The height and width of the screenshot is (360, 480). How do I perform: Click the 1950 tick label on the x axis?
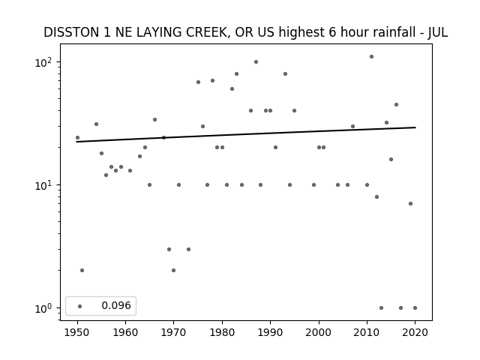pyautogui.click(x=77, y=332)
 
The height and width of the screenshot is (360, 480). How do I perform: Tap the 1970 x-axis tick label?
pyautogui.click(x=173, y=332)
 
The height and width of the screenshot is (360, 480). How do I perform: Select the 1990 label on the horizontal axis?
pyautogui.click(x=270, y=332)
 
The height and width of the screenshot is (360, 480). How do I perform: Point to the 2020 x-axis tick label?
pyautogui.click(x=415, y=332)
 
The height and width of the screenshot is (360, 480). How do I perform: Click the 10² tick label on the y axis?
pyautogui.click(x=44, y=62)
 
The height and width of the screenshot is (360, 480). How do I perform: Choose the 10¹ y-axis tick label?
pyautogui.click(x=44, y=185)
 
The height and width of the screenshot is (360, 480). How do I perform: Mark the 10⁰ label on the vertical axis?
pyautogui.click(x=44, y=308)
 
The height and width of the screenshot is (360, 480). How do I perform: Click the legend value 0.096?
pyautogui.click(x=116, y=305)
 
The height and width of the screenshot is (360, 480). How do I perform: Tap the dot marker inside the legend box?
pyautogui.click(x=80, y=306)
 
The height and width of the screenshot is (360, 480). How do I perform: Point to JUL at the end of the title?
pyautogui.click(x=438, y=32)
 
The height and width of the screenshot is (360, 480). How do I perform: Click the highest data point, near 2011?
pyautogui.click(x=372, y=57)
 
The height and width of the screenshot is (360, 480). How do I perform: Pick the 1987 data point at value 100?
pyautogui.click(x=256, y=61)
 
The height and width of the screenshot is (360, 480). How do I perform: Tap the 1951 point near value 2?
pyautogui.click(x=82, y=270)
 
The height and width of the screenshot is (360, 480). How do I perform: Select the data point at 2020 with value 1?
pyautogui.click(x=415, y=308)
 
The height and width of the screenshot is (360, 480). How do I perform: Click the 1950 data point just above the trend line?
pyautogui.click(x=77, y=138)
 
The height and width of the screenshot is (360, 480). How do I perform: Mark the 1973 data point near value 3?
pyautogui.click(x=188, y=250)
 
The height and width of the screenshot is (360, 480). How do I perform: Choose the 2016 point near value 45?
pyautogui.click(x=396, y=105)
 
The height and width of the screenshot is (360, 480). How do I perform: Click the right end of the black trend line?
pyautogui.click(x=415, y=127)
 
